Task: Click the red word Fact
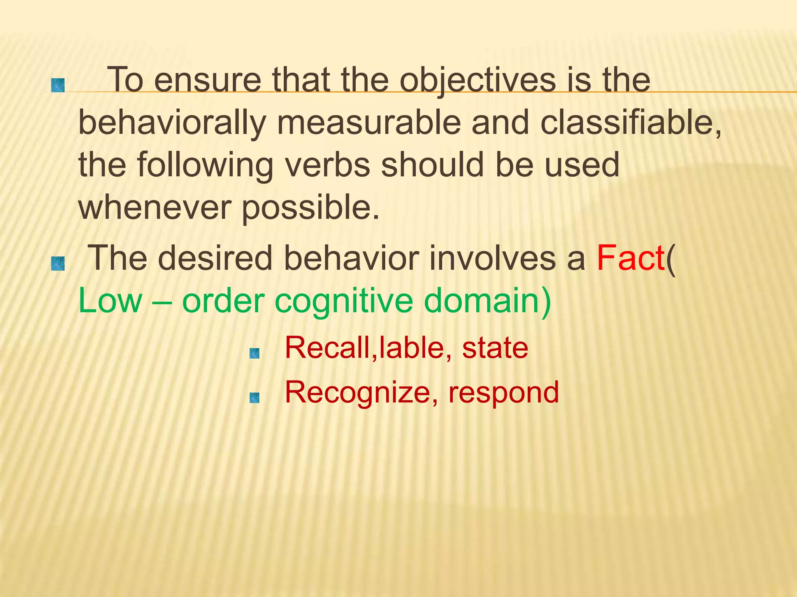pyautogui.click(x=630, y=258)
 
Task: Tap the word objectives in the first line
pyautogui.click(x=478, y=80)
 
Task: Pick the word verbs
pyautogui.click(x=327, y=165)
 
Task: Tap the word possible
pyautogui.click(x=310, y=208)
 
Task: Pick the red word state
pyautogui.click(x=495, y=347)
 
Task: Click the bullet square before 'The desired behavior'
pyautogui.click(x=58, y=264)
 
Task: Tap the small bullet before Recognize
pyautogui.click(x=255, y=398)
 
